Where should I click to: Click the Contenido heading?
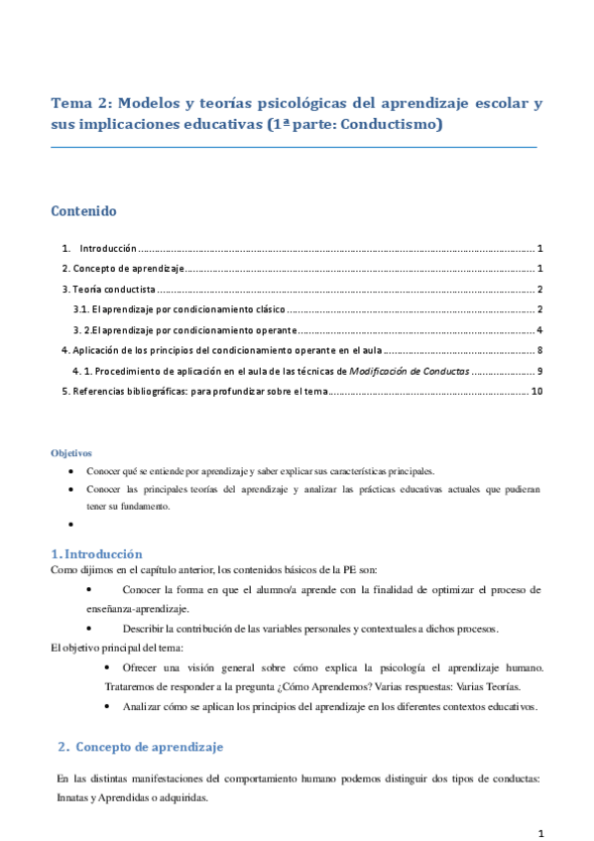click(x=83, y=212)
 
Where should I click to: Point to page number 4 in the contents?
click(x=538, y=330)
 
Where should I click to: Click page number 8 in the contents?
click(x=538, y=351)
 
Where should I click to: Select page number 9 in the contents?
click(x=538, y=371)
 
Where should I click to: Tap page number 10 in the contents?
click(x=536, y=392)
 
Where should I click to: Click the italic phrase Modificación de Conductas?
click(x=410, y=371)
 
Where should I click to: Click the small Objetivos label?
click(x=70, y=452)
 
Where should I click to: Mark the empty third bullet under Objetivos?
click(x=71, y=524)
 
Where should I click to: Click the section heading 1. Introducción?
click(x=96, y=554)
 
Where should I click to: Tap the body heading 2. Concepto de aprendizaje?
click(x=140, y=746)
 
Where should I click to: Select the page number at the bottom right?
click(x=540, y=832)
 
